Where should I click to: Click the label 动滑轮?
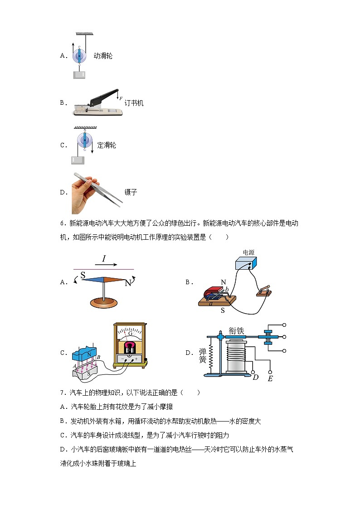click(x=103, y=56)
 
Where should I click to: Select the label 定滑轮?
click(x=107, y=145)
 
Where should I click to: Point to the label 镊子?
click(x=131, y=192)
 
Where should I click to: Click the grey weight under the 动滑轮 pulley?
click(x=80, y=75)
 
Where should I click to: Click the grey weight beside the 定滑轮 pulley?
click(x=78, y=160)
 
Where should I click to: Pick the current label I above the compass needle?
click(x=104, y=259)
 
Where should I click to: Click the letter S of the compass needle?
click(x=83, y=275)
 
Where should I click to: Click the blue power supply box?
click(x=245, y=265)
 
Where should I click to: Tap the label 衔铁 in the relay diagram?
click(x=236, y=331)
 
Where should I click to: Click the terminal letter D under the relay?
click(x=255, y=377)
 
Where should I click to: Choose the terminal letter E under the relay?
click(x=270, y=378)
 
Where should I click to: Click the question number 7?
click(x=62, y=393)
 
